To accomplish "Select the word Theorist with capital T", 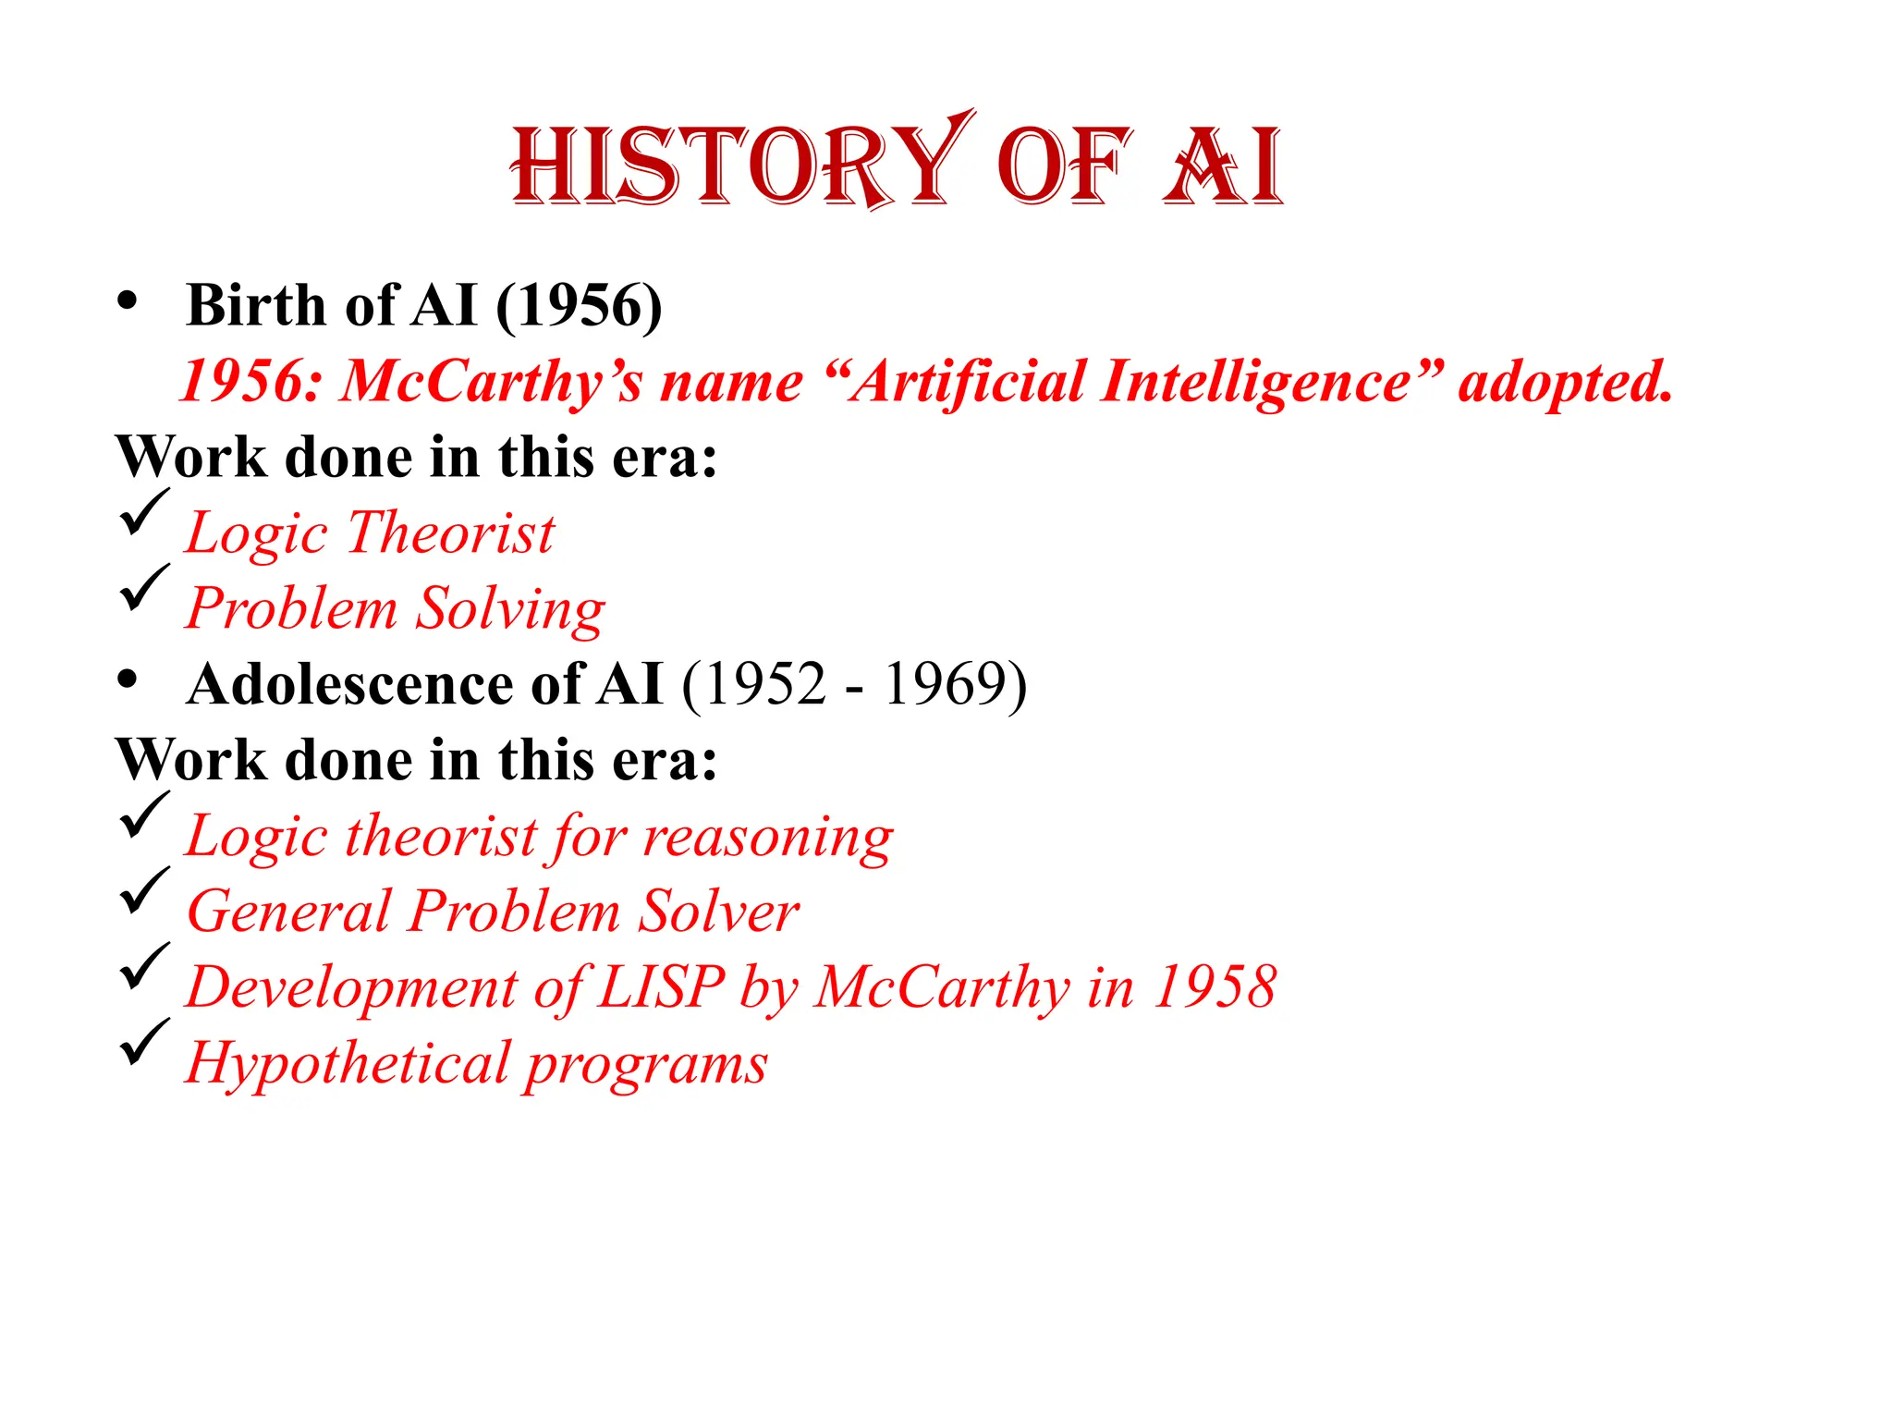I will tap(452, 533).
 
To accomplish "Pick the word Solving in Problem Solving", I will tap(510, 609).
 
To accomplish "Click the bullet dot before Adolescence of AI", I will tap(128, 679).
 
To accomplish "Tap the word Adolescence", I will tap(350, 685).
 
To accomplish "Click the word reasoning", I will tap(768, 838).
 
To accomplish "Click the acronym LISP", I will tap(661, 987).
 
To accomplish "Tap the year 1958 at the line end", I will tap(1215, 987).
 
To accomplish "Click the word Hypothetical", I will tap(348, 1064).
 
